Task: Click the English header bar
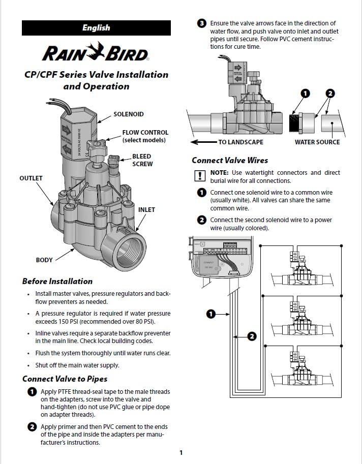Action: click(96, 28)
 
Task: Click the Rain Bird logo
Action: click(96, 52)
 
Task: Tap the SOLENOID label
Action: click(128, 114)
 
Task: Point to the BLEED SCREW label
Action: click(142, 160)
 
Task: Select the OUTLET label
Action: click(31, 178)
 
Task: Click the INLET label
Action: click(146, 209)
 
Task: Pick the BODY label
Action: click(44, 260)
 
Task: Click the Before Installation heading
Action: click(57, 281)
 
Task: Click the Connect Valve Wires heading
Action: click(230, 160)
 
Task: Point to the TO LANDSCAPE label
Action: click(240, 142)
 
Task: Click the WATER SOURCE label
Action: click(317, 142)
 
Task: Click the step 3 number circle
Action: click(201, 23)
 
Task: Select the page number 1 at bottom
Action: click(180, 452)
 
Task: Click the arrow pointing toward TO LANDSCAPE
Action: click(203, 142)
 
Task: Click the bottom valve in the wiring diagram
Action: click(299, 372)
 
